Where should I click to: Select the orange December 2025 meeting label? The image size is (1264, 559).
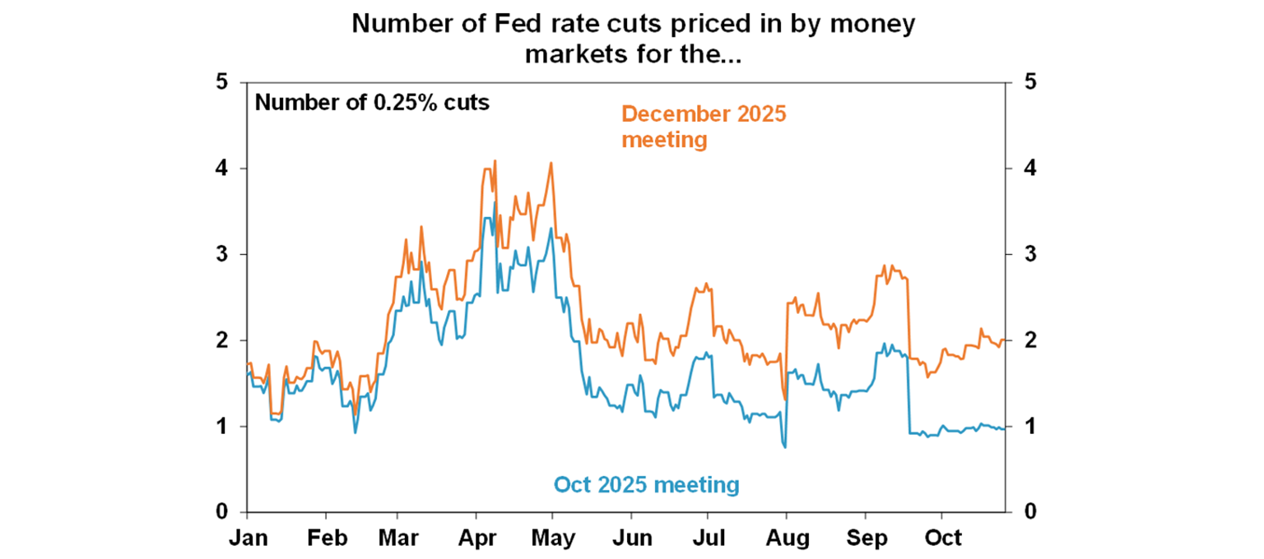click(x=704, y=127)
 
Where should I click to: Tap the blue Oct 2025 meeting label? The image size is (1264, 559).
click(x=646, y=485)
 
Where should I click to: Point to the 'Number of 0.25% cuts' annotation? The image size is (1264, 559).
click(x=372, y=104)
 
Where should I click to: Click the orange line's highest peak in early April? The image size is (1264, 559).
click(x=495, y=161)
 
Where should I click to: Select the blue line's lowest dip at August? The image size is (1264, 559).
click(x=785, y=447)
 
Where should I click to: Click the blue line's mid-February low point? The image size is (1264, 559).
click(x=355, y=432)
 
